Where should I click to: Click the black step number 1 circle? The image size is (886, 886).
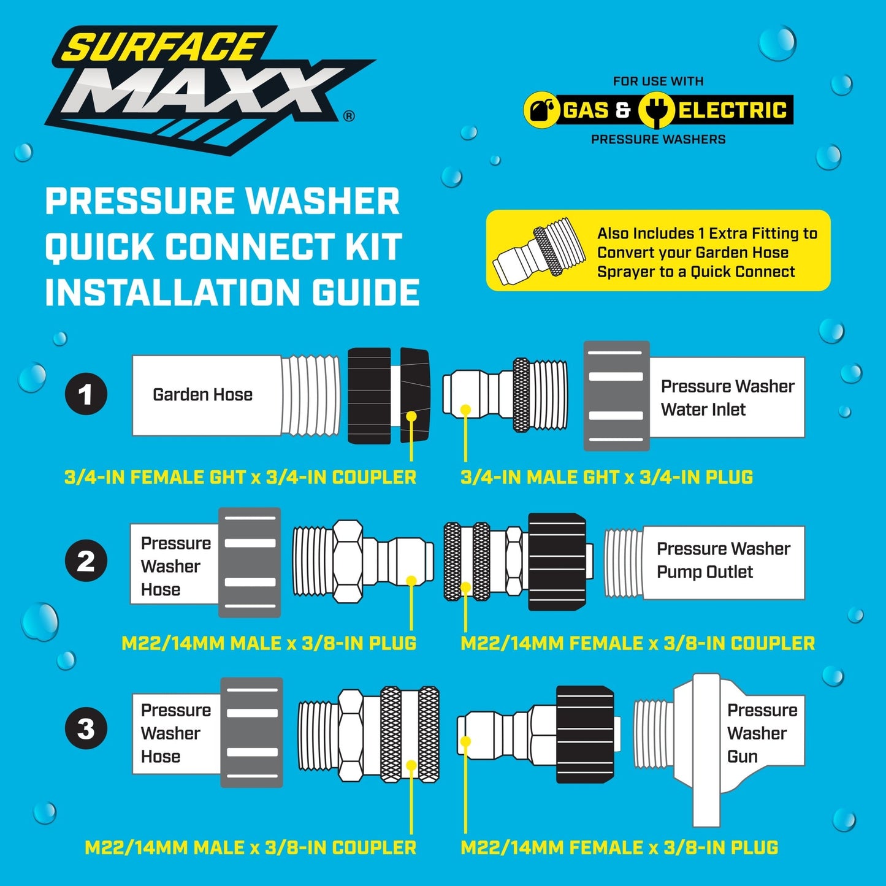pos(86,394)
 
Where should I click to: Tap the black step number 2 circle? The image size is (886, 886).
pos(86,560)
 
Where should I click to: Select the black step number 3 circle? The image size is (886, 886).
pos(86,728)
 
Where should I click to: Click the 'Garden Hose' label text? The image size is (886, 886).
pos(203,394)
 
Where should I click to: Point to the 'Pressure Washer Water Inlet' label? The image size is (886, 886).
pos(727,398)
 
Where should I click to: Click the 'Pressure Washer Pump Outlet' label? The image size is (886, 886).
pos(724,560)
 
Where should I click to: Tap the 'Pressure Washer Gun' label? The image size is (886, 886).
pos(762,733)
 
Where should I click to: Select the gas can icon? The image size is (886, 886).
pos(542,110)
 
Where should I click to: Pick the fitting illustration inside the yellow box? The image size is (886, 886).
pos(539,251)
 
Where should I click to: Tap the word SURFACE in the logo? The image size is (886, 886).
pos(163,47)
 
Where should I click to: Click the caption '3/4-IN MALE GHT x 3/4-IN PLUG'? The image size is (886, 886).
pos(607,477)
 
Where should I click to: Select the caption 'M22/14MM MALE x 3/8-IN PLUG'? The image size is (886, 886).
pos(269,643)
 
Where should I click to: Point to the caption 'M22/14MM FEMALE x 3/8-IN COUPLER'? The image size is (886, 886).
pos(638,643)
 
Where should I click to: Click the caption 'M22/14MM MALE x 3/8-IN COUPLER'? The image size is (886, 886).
pos(251,847)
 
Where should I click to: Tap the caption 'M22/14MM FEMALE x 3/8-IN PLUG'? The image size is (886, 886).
pos(619,847)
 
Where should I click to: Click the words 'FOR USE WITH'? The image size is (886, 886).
pos(658,82)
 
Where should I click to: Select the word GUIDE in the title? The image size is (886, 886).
pos(365,292)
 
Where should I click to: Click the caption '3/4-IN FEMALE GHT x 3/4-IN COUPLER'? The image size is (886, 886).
pos(240,477)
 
